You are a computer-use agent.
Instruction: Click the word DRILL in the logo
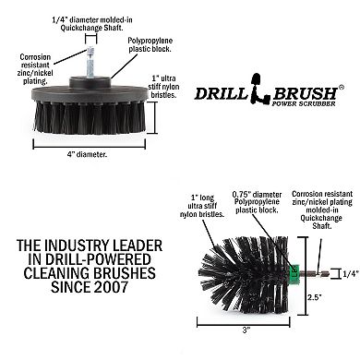click(x=223, y=91)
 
